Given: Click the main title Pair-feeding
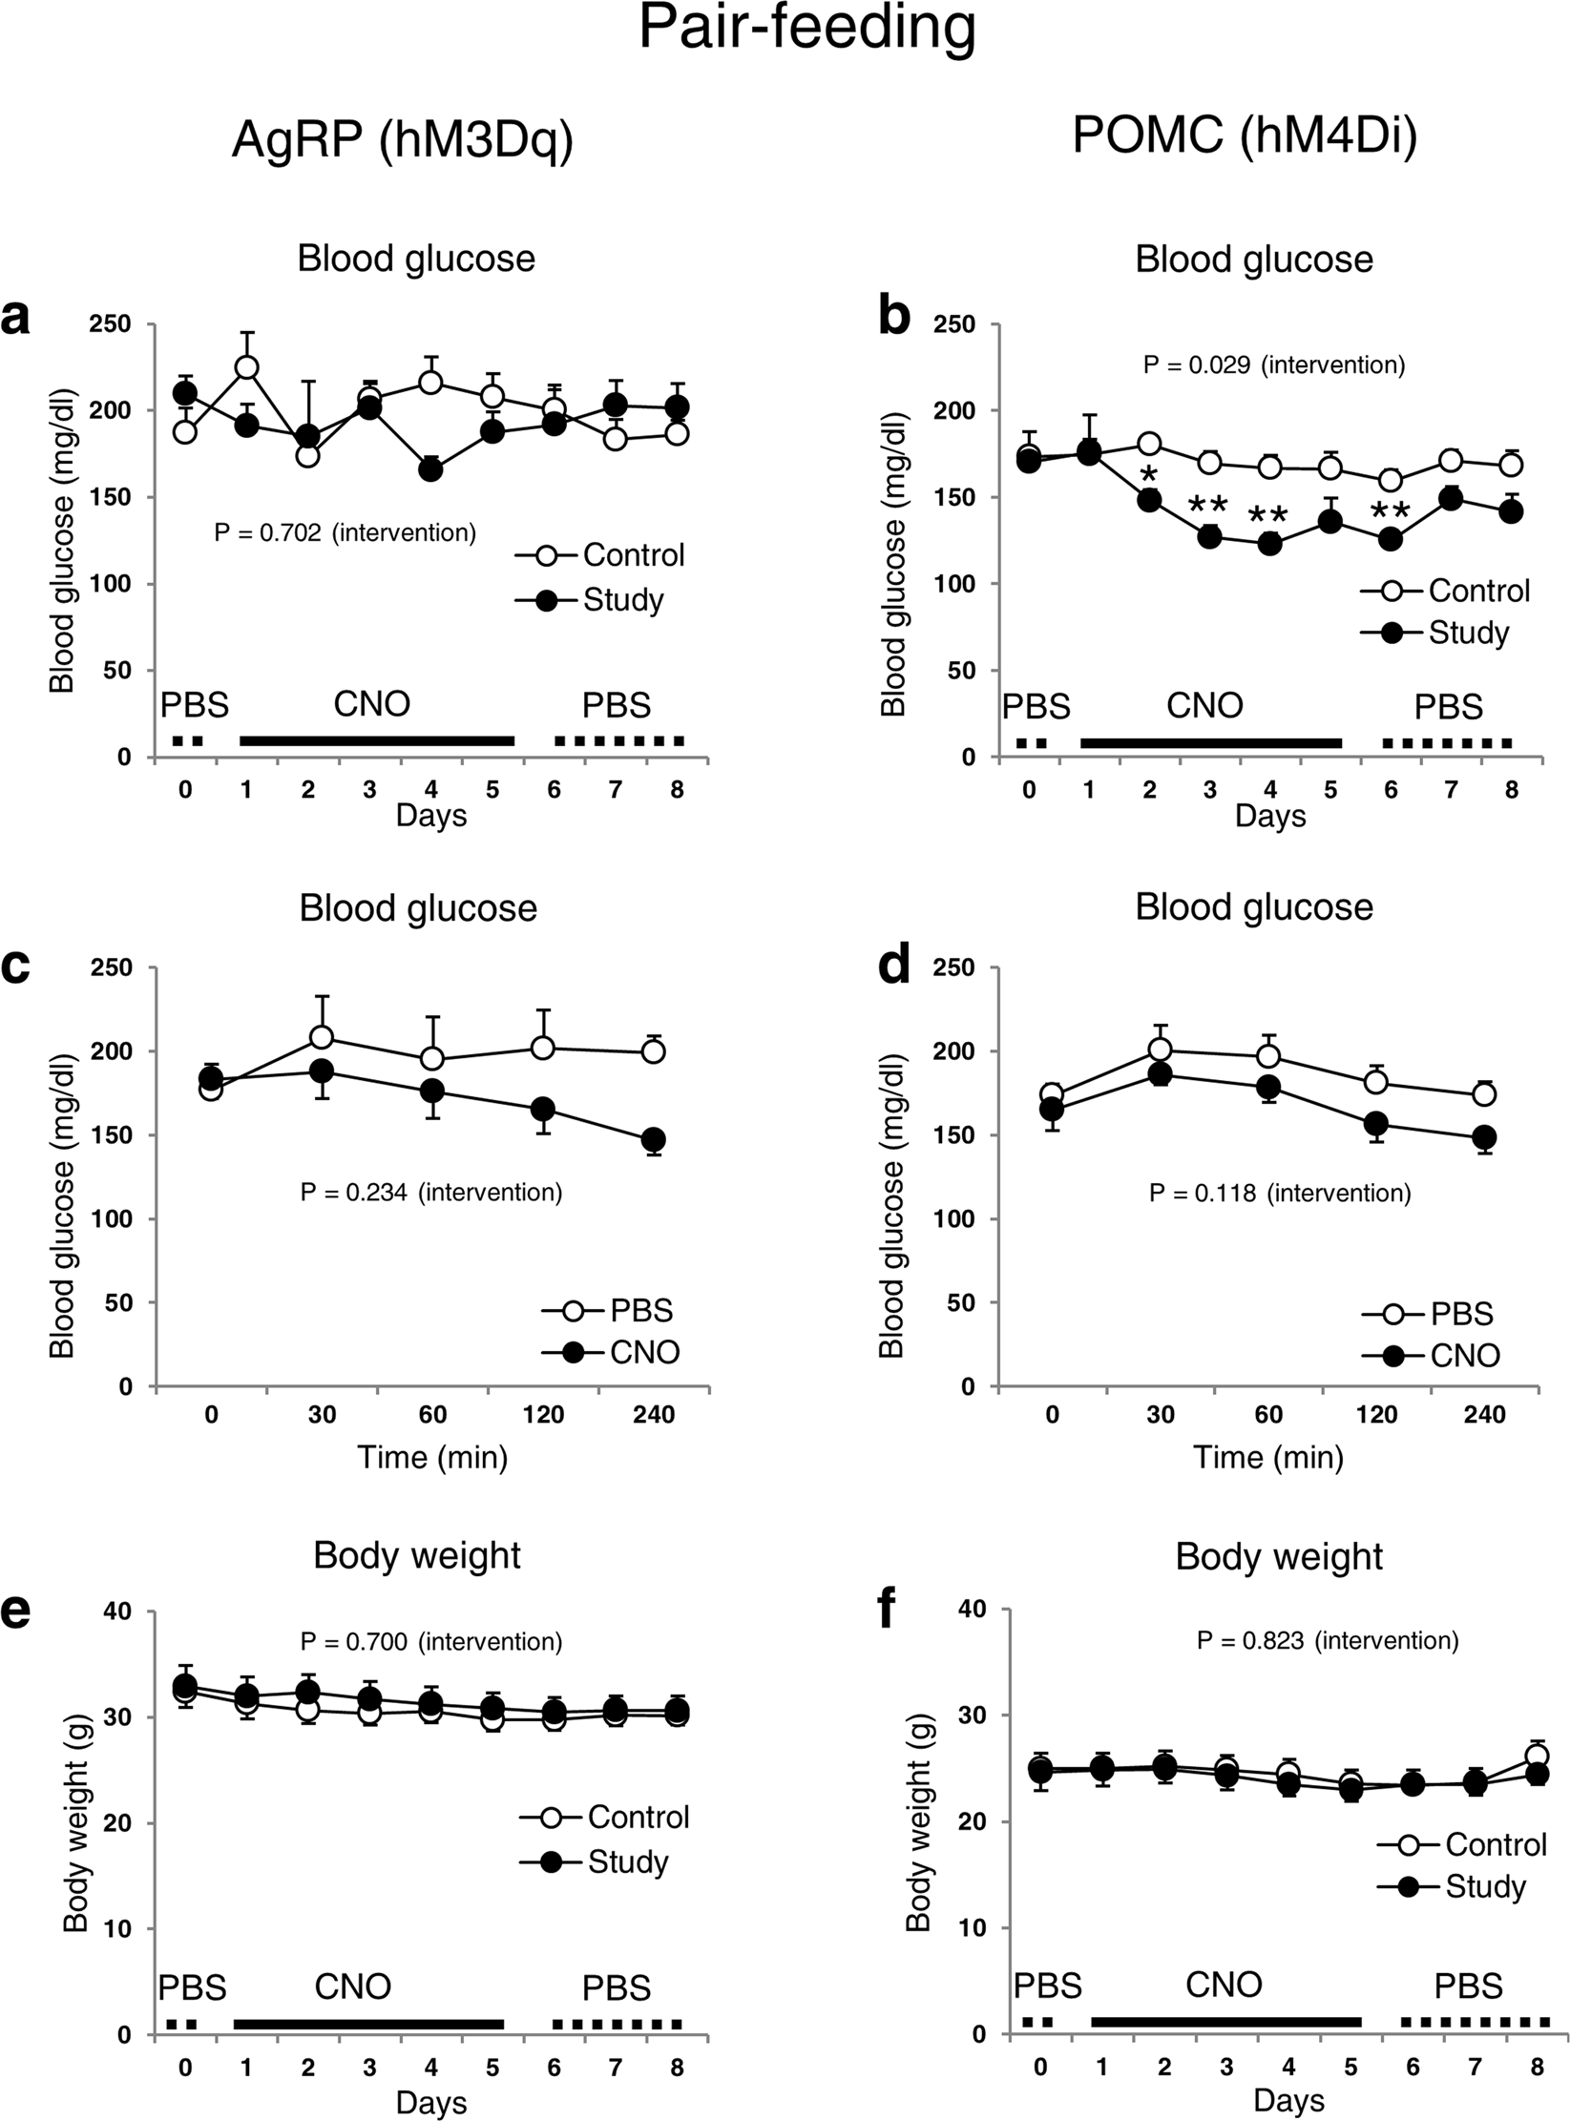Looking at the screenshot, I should [x=806, y=29].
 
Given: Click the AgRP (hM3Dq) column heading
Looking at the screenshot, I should [x=402, y=140].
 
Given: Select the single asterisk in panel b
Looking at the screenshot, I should [x=1149, y=474].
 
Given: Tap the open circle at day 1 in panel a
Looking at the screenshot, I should [x=246, y=367].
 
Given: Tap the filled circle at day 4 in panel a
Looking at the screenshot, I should [x=430, y=469].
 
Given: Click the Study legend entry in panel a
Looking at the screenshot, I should [x=622, y=600].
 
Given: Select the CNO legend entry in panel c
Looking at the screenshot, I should [x=644, y=1352].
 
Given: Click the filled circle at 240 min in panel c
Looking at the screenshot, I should [x=654, y=1140].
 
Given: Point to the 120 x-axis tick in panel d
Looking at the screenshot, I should [x=1376, y=1414].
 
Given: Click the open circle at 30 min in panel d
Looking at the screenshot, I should [x=1160, y=1050].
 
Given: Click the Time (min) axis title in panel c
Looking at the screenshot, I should [x=431, y=1458].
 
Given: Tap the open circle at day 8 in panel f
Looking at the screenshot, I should [x=1537, y=1757].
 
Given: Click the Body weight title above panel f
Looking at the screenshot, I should [x=1278, y=1556].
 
